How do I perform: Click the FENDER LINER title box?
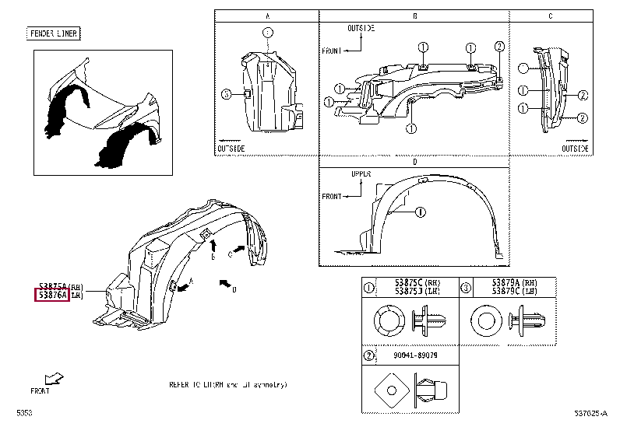click(55, 33)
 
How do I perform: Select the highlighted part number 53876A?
click(51, 296)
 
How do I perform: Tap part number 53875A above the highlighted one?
click(51, 286)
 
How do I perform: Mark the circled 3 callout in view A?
click(225, 94)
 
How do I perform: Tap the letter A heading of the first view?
click(267, 16)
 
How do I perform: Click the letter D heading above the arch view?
click(414, 162)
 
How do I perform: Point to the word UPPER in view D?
click(361, 176)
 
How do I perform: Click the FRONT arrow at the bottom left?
click(54, 379)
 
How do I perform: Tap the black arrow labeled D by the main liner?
click(225, 283)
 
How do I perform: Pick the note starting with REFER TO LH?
click(227, 384)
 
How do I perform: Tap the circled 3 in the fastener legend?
click(465, 287)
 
